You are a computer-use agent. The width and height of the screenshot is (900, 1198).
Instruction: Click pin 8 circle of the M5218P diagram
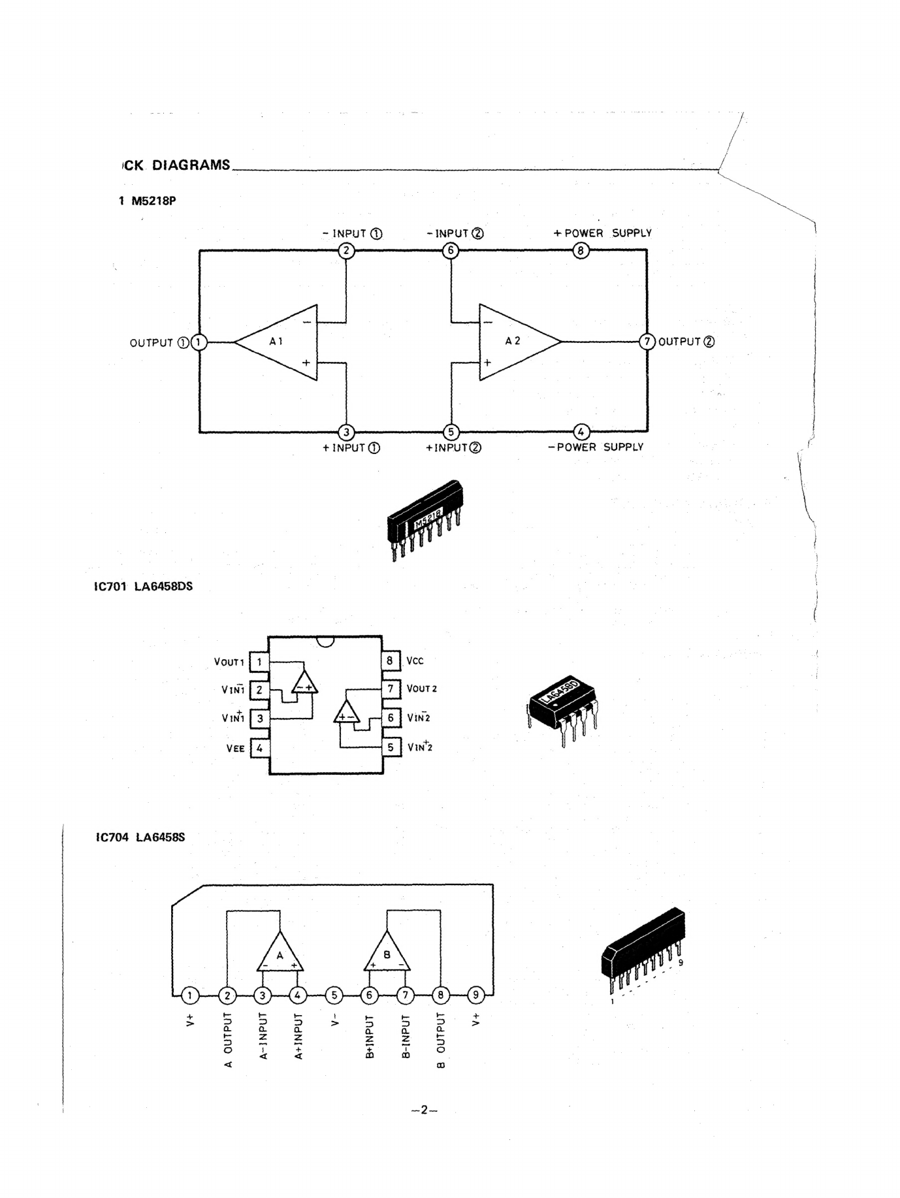point(581,250)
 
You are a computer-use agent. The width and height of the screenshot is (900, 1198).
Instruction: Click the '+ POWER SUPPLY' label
point(602,233)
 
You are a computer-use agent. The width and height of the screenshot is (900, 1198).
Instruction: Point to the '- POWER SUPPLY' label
point(596,447)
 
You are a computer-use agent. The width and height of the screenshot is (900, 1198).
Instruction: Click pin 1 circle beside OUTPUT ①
point(199,342)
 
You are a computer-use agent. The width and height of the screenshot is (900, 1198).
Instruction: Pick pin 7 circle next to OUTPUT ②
point(647,341)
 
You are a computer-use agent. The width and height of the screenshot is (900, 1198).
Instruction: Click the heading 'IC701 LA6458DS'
point(144,586)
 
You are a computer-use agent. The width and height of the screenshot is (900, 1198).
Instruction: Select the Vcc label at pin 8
point(415,660)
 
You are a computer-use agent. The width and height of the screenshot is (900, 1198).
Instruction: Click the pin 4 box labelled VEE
point(259,748)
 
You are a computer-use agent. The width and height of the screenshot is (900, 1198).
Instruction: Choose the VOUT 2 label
point(422,688)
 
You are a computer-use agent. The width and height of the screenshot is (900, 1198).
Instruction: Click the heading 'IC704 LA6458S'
point(141,837)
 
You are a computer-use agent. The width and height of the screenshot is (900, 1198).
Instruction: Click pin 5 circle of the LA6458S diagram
point(334,996)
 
